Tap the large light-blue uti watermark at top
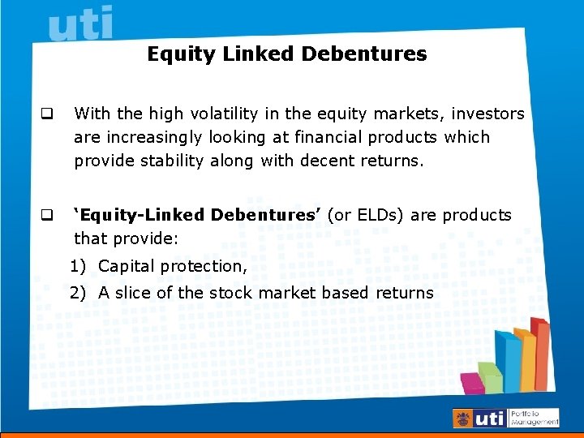tap(80, 24)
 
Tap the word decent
tap(328, 161)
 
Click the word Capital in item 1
tap(127, 267)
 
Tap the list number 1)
tap(79, 267)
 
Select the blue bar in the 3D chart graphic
tap(508, 361)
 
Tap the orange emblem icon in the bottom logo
tap(463, 419)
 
